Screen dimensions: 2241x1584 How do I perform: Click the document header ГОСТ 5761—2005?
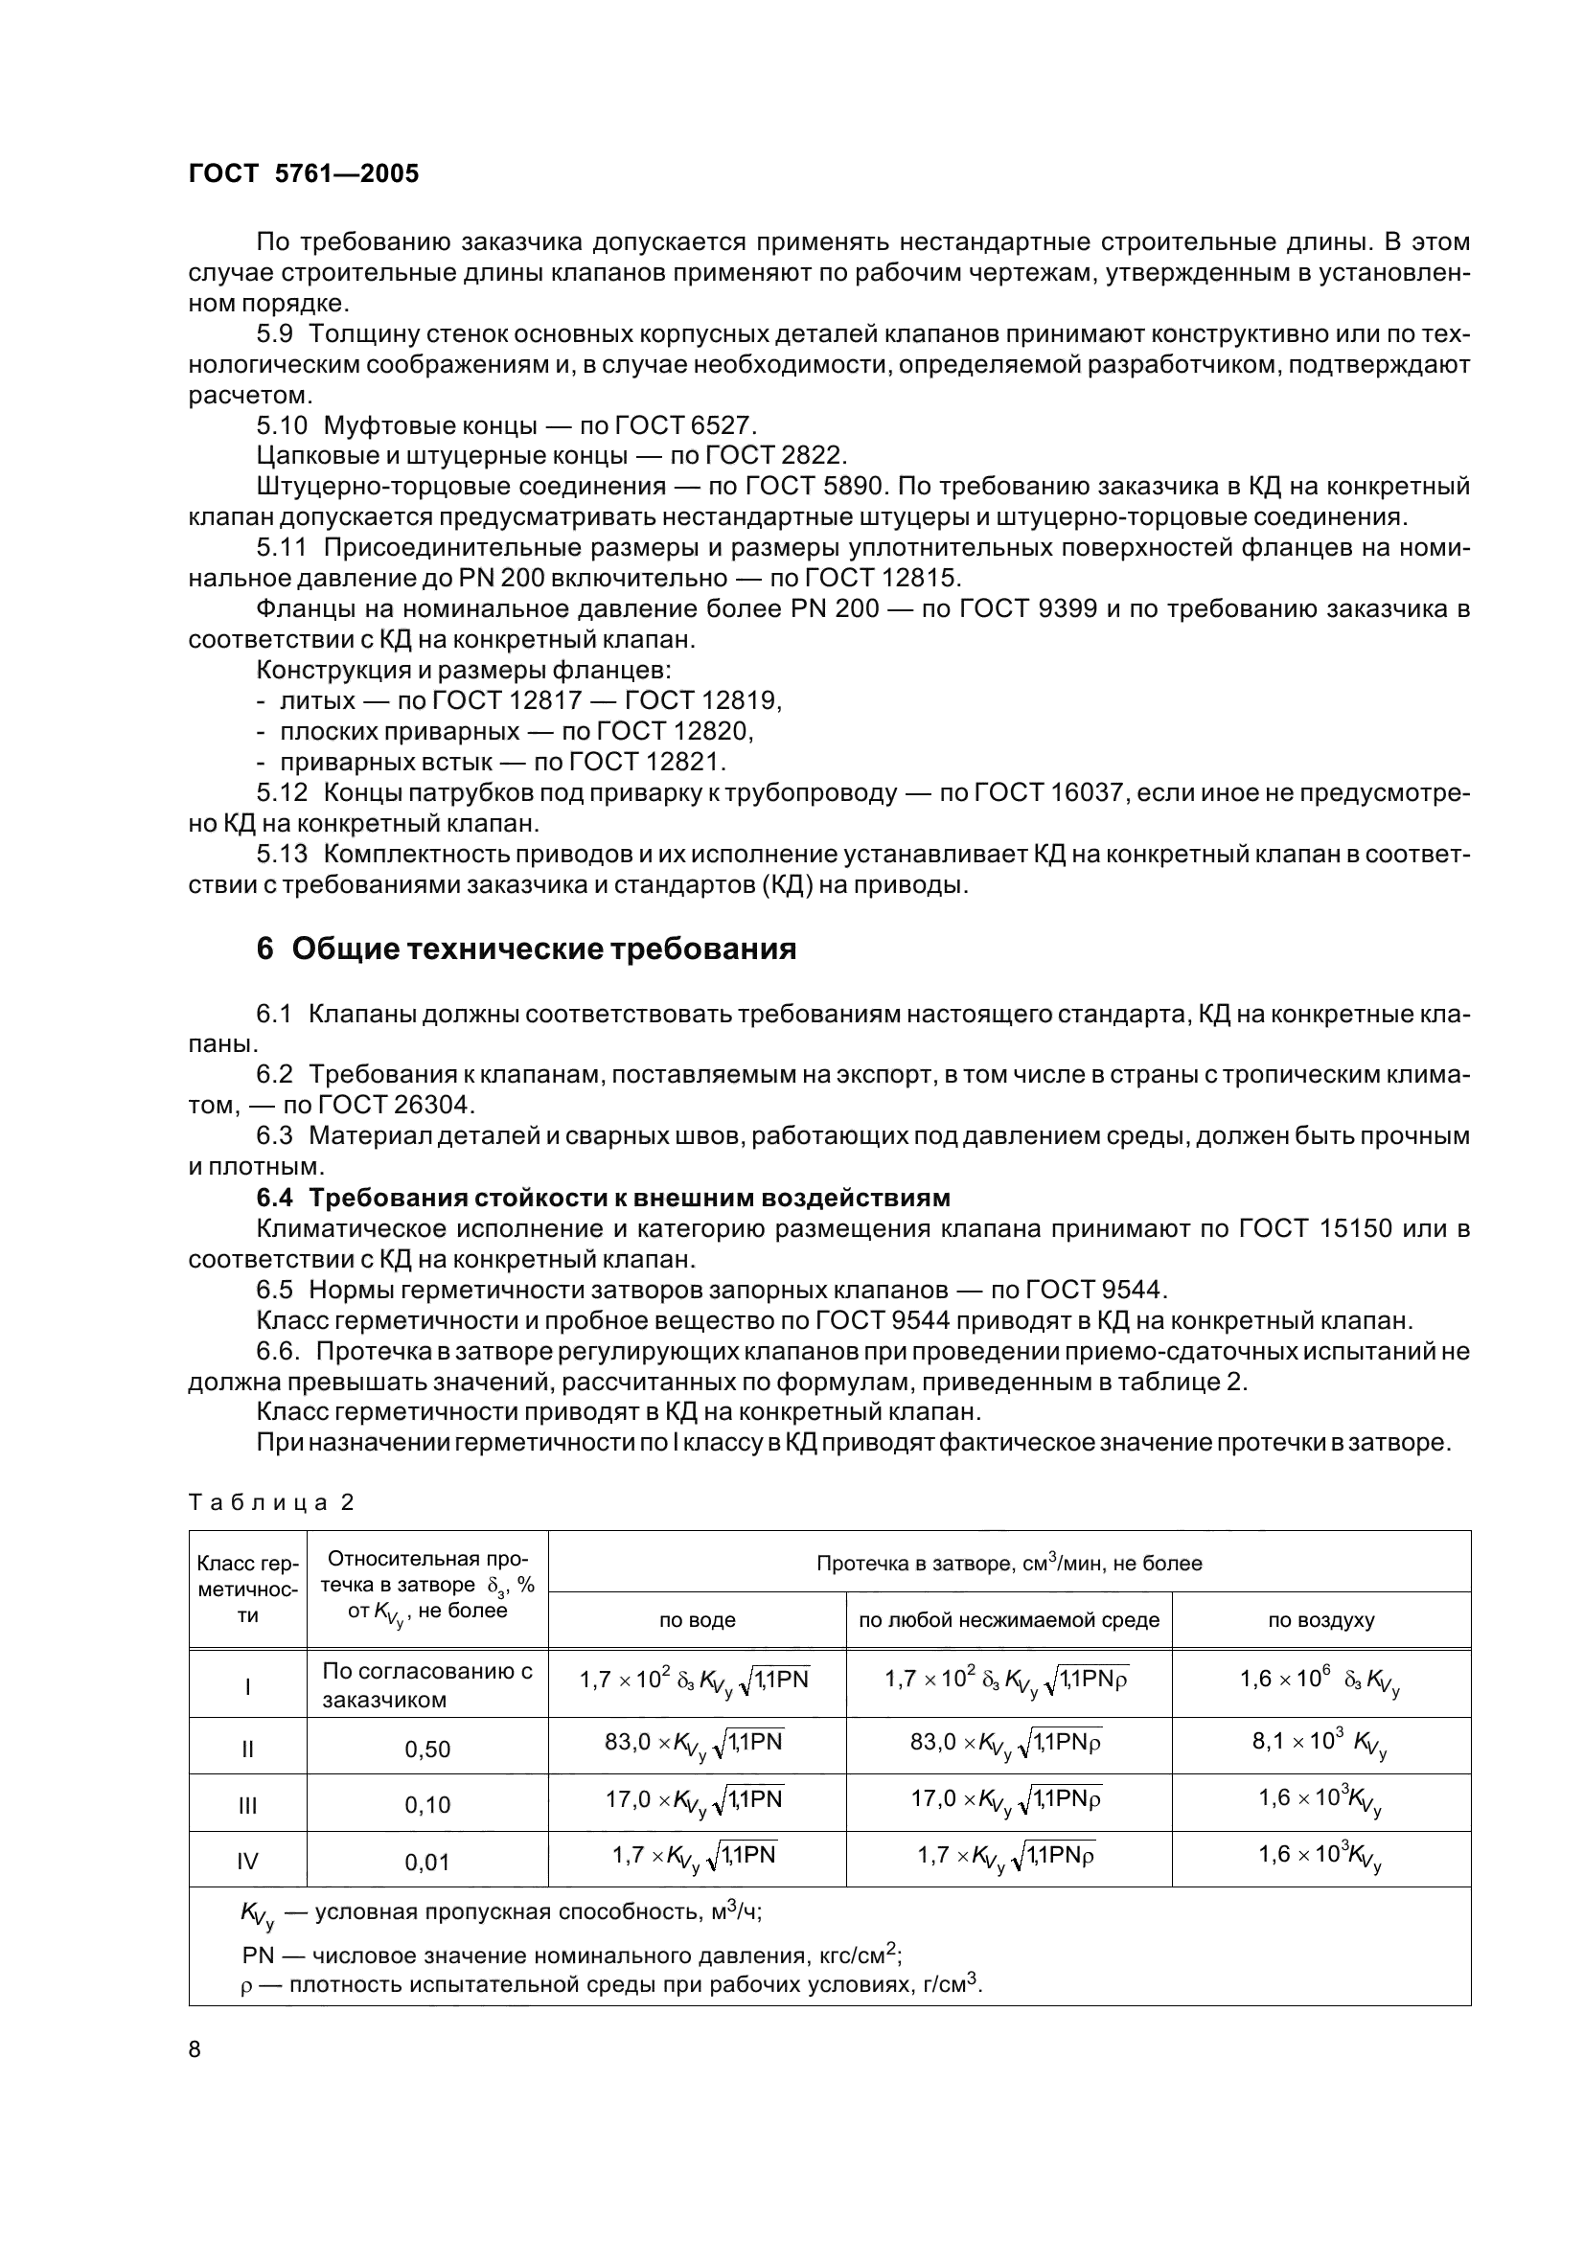(304, 173)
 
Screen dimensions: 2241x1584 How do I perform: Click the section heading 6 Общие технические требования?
(526, 948)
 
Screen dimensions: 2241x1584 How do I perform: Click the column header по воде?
(697, 1620)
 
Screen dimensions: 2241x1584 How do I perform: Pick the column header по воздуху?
(1320, 1620)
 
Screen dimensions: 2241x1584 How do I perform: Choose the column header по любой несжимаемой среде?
(1008, 1620)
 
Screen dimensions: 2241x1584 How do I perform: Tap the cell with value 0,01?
(427, 1863)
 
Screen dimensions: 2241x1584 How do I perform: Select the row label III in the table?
(247, 1806)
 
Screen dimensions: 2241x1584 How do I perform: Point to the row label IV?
(247, 1863)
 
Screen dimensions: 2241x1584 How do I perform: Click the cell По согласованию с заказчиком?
(427, 1684)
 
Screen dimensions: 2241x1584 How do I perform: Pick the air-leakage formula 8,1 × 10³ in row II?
(1320, 1743)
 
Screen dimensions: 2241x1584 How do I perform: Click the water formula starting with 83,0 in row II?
(694, 1743)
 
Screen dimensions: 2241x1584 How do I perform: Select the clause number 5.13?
(282, 854)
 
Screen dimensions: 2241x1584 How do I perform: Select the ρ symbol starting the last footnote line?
(246, 1986)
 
